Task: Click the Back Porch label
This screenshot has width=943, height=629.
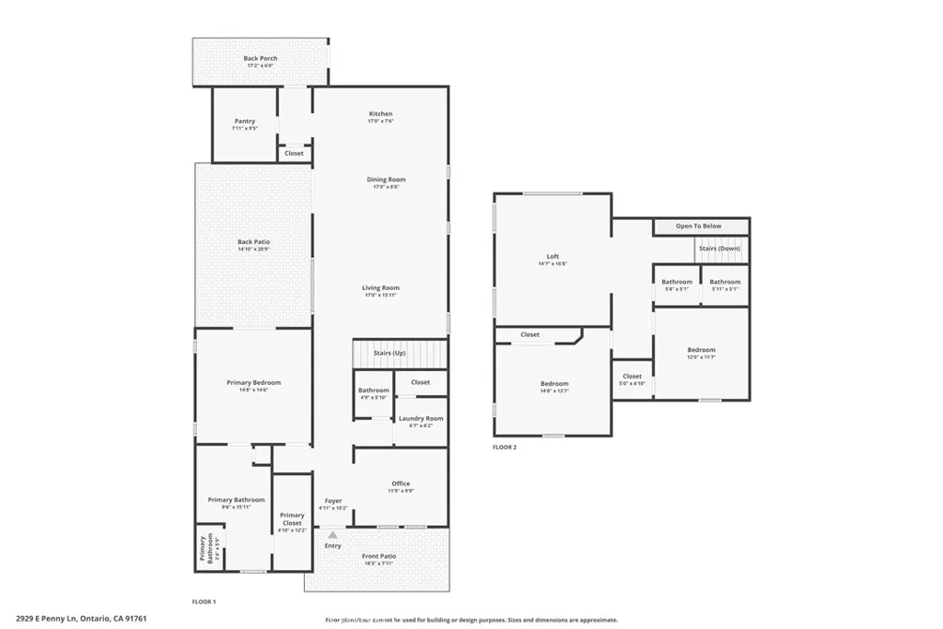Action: coord(260,58)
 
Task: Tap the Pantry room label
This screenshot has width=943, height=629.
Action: coord(244,121)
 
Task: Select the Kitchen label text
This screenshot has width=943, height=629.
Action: coord(381,113)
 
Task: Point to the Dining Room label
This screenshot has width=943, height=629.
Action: coord(386,180)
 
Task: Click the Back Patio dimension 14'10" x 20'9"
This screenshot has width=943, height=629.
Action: coord(253,250)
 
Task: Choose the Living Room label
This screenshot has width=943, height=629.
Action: coord(380,288)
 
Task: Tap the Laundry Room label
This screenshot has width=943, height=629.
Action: coord(420,418)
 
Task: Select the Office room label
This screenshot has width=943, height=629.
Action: coord(401,483)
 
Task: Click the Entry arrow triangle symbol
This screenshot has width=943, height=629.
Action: coord(332,534)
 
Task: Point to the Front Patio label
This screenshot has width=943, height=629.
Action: coord(378,556)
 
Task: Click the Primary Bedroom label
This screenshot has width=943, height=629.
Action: coord(253,382)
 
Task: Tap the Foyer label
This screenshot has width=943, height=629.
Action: coord(332,501)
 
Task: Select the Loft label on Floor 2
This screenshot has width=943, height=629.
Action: coord(553,256)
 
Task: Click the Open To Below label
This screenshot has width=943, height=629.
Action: coord(698,226)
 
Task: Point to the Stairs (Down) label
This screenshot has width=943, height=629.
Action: coord(720,249)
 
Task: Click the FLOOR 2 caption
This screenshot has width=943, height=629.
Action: coord(505,447)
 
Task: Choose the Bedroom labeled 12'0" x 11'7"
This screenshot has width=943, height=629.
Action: coord(701,350)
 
